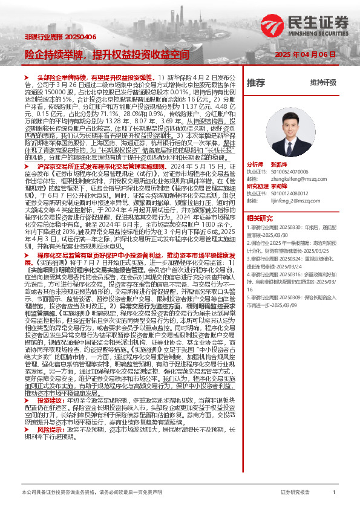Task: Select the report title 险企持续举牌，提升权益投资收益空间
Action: [106, 54]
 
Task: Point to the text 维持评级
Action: [323, 82]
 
